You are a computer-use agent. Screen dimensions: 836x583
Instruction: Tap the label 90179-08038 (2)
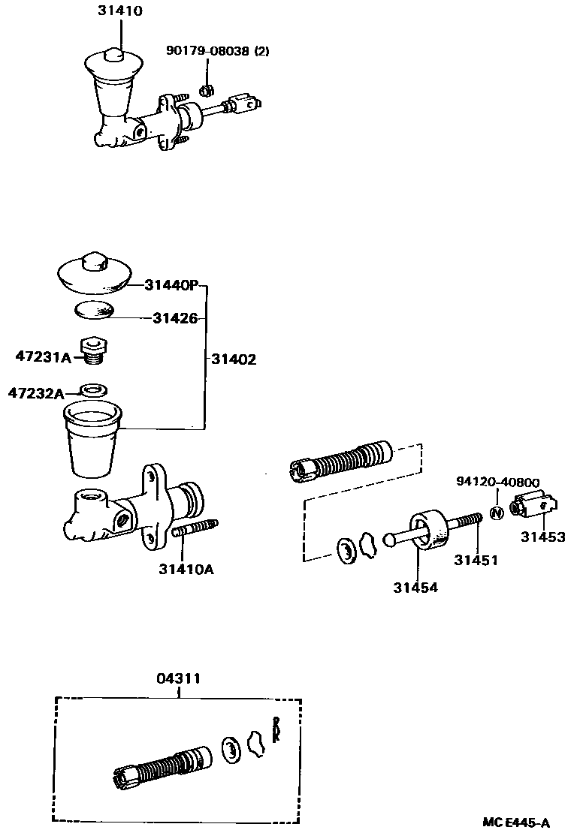[x=217, y=52]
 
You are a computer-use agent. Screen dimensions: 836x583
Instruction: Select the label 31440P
[x=171, y=285]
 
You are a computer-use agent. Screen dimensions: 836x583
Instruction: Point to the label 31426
[x=175, y=318]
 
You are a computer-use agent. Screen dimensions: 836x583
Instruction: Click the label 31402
[x=233, y=359]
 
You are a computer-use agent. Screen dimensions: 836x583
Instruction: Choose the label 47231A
[x=43, y=357]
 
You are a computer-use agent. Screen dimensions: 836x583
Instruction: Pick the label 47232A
[x=35, y=392]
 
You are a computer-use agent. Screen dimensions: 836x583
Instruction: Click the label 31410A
[x=186, y=569]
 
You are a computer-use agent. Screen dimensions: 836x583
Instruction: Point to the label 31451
[x=476, y=560]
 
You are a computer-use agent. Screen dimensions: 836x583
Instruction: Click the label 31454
[x=415, y=588]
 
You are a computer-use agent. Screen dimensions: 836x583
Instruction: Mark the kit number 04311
[x=178, y=678]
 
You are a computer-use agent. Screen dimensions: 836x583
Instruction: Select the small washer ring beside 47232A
[x=93, y=390]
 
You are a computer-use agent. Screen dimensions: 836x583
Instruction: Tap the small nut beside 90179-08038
[x=204, y=91]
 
